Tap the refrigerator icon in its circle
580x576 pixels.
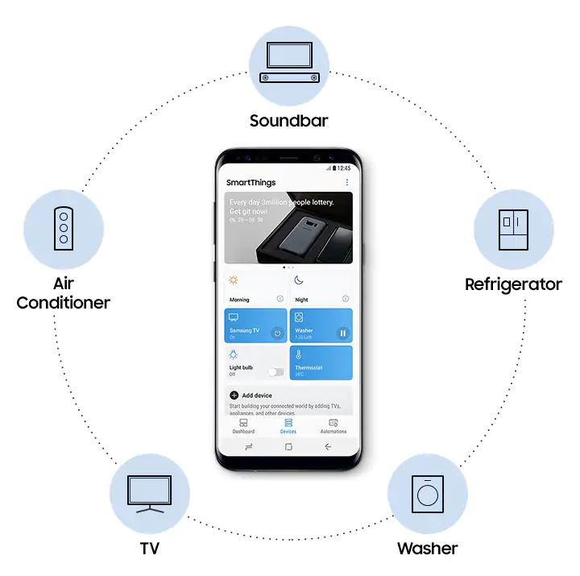click(513, 230)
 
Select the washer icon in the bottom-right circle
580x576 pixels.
click(427, 493)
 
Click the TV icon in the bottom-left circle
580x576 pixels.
click(150, 493)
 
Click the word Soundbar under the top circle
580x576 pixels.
click(289, 121)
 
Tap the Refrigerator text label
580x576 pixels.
click(513, 284)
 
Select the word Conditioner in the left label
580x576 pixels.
click(64, 303)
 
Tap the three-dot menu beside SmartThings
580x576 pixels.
click(347, 183)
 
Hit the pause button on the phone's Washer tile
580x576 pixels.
click(342, 333)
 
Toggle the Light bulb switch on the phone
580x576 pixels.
click(275, 372)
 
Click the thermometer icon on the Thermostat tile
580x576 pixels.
click(299, 354)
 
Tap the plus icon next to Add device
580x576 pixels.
click(234, 396)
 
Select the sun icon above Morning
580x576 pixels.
click(234, 280)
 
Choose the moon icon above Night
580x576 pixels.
click(299, 280)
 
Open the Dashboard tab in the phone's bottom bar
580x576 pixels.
click(243, 426)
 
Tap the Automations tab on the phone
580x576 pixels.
click(333, 426)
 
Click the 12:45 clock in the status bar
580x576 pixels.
click(343, 168)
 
